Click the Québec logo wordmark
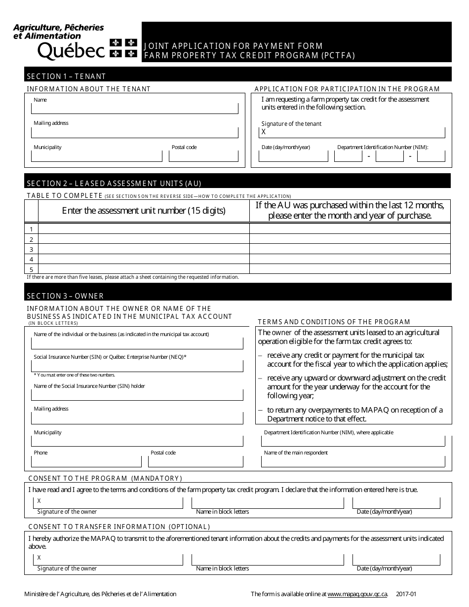click(71, 50)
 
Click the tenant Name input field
click(134, 109)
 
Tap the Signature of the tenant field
click(352, 132)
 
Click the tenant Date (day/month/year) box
click(293, 156)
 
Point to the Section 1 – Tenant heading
click(66, 76)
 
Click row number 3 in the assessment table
click(31, 249)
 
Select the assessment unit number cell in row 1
click(144, 229)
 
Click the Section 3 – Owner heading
click(65, 296)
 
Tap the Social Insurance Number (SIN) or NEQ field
click(137, 366)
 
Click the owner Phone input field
click(86, 462)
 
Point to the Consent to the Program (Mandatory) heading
click(105, 478)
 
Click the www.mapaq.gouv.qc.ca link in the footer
click(357, 594)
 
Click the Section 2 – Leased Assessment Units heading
click(114, 183)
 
